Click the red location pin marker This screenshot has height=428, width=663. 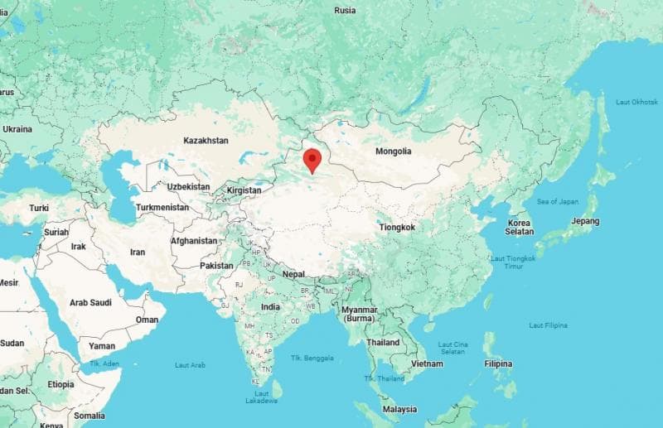point(312,160)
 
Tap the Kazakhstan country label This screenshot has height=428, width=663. point(206,141)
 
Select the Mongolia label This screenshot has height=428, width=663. point(393,151)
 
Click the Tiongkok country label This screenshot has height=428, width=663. point(397,227)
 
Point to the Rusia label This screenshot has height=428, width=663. point(345,10)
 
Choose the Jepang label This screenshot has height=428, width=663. point(585,222)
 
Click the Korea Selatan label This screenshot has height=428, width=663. point(519,228)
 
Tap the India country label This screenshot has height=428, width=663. point(271,306)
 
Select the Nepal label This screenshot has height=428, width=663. point(293,274)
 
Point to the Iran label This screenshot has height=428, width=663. point(138,252)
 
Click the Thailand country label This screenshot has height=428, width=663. point(383,342)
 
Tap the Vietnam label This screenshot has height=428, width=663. point(427,363)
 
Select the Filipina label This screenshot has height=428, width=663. point(498,363)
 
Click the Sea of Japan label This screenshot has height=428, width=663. point(558,201)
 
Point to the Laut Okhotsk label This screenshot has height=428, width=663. point(636,101)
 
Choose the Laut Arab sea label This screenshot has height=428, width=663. point(190,364)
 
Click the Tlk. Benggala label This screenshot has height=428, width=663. point(312,358)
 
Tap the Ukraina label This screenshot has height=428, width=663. point(17,129)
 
